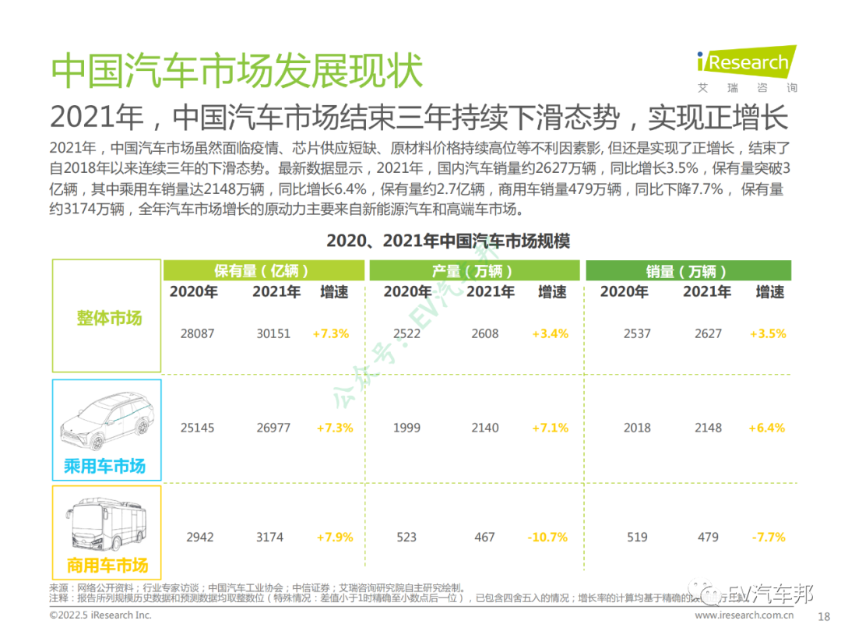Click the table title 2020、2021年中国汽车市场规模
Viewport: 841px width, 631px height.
(448, 241)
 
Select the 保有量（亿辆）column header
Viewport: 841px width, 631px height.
(262, 270)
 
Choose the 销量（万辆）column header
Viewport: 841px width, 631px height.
(686, 270)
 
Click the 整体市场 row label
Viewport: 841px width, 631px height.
(109, 318)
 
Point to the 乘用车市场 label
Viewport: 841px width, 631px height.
(104, 466)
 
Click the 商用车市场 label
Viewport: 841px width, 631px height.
(107, 565)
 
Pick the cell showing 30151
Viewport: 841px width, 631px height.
(273, 333)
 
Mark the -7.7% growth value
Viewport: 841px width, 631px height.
(768, 537)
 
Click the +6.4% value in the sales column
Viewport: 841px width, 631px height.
(767, 428)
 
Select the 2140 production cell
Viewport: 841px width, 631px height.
(484, 428)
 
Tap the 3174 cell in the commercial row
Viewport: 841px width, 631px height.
(269, 537)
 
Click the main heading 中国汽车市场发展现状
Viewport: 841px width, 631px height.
(237, 71)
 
